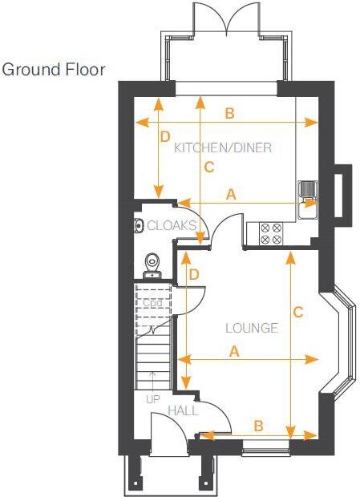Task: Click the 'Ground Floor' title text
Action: click(54, 70)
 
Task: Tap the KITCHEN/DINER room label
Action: click(223, 147)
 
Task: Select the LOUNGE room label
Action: click(251, 328)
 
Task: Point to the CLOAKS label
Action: click(171, 226)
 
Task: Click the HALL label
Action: click(183, 410)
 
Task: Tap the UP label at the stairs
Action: click(152, 398)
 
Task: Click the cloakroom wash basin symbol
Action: click(138, 226)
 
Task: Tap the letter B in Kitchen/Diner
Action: click(229, 114)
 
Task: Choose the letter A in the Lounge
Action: click(234, 351)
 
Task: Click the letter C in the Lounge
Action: click(297, 312)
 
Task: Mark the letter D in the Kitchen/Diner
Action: click(166, 136)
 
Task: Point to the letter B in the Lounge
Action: click(258, 426)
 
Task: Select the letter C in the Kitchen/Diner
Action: click(209, 168)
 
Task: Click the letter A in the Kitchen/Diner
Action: click(232, 194)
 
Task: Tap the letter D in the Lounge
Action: click(193, 274)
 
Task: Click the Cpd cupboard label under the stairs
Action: click(152, 303)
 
